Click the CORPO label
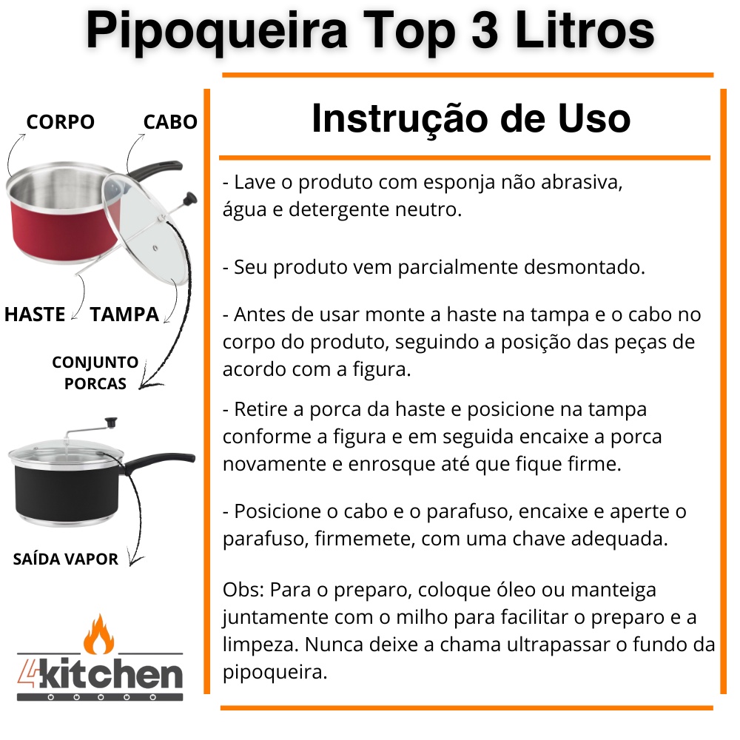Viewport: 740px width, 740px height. click(x=61, y=122)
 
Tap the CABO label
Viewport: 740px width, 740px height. click(x=170, y=122)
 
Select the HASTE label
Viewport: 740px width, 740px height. click(x=35, y=314)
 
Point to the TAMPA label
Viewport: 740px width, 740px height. click(x=124, y=314)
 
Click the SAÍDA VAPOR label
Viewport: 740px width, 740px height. click(x=65, y=559)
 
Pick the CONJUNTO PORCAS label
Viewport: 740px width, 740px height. click(x=95, y=373)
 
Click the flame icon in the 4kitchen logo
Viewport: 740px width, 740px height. click(x=98, y=634)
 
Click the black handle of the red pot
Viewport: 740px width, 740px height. click(x=155, y=170)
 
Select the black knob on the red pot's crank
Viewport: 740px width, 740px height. click(x=189, y=198)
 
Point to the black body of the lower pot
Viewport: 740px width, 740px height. click(x=66, y=493)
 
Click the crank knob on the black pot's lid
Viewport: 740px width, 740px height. click(x=112, y=422)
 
